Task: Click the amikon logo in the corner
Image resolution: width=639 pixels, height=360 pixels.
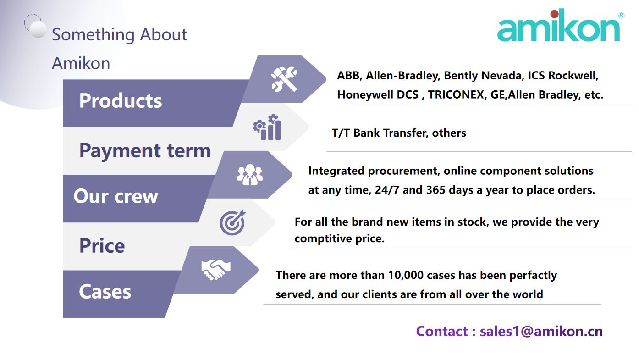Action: pyautogui.click(x=560, y=25)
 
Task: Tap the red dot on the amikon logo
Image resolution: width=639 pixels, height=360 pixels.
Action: pyautogui.click(x=554, y=13)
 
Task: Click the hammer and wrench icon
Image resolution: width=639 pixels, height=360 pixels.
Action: pyautogui.click(x=284, y=79)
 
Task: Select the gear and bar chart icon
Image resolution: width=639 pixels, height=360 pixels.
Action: pyautogui.click(x=267, y=127)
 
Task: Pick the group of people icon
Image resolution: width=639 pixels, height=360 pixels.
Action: pyautogui.click(x=250, y=175)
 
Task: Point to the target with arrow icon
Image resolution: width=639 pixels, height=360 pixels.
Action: pyautogui.click(x=232, y=222)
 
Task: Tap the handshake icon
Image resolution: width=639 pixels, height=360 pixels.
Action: pyautogui.click(x=215, y=270)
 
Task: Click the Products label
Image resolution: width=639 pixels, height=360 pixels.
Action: pyautogui.click(x=121, y=100)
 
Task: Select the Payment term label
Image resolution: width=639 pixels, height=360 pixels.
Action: pyautogui.click(x=145, y=150)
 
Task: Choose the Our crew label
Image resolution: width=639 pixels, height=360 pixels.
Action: pyautogui.click(x=116, y=196)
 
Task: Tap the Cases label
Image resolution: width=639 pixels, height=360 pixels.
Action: pyautogui.click(x=105, y=292)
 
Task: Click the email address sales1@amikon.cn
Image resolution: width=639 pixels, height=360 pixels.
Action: pyautogui.click(x=541, y=331)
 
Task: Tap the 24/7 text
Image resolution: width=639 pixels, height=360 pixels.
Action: pyautogui.click(x=387, y=190)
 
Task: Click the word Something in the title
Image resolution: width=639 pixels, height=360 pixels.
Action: pyautogui.click(x=93, y=35)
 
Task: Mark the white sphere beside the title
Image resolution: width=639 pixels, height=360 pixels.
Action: pyautogui.click(x=38, y=29)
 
